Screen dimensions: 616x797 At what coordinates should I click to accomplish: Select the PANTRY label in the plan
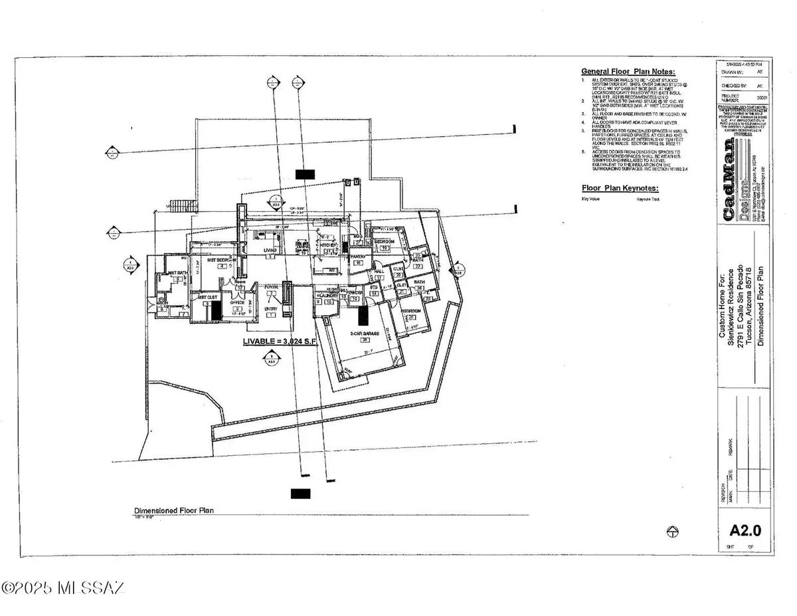pos(359,256)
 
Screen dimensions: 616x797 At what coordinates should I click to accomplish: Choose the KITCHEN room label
pos(328,245)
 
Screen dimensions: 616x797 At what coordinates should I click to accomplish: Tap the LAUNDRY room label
pos(326,295)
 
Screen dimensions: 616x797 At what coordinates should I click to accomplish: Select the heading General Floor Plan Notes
pos(628,71)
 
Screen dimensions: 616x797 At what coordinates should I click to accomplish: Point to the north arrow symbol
pos(672,531)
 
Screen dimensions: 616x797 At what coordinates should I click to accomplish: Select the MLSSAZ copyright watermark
pos(63,588)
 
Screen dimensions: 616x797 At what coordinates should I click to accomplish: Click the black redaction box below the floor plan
pos(300,493)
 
